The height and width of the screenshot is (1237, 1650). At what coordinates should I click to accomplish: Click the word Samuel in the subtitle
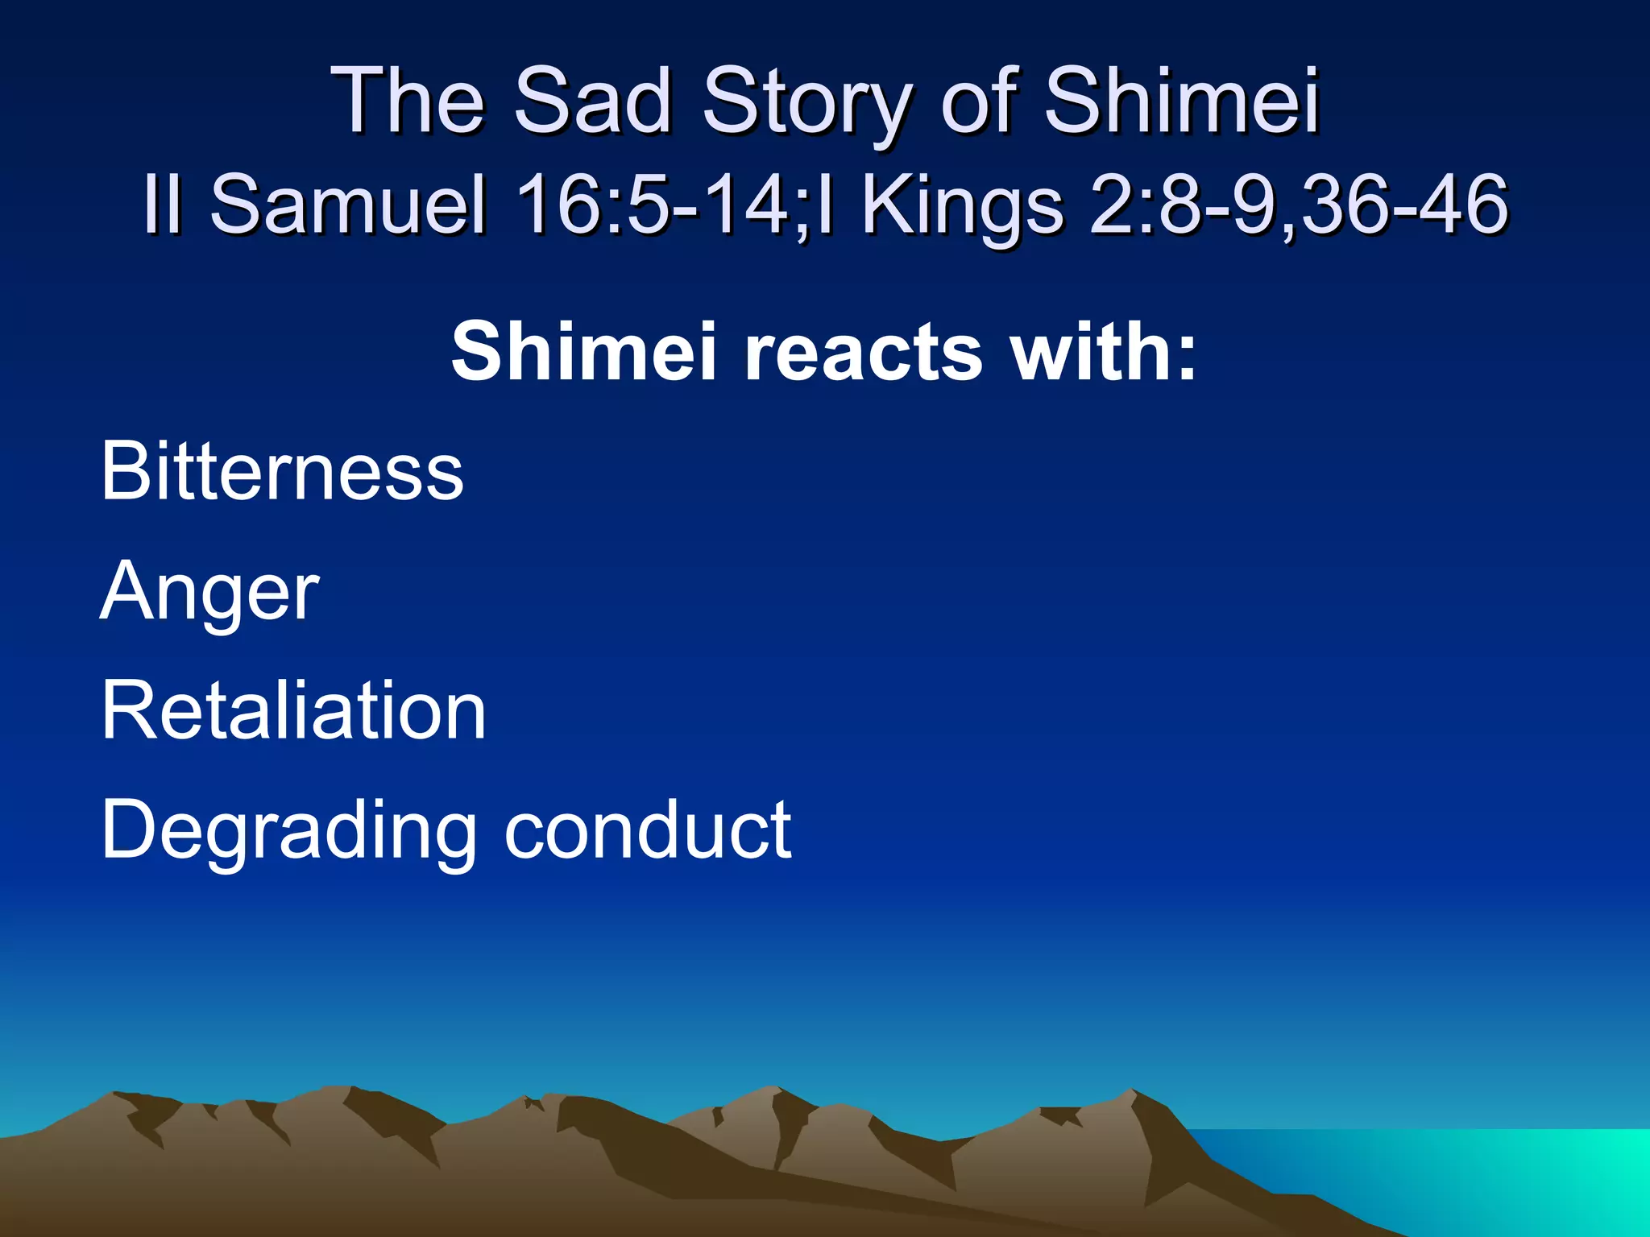pyautogui.click(x=348, y=205)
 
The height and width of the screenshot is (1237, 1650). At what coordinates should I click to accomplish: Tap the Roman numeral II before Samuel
pyautogui.click(x=161, y=205)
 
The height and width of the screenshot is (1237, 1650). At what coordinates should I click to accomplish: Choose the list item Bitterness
pyautogui.click(x=282, y=471)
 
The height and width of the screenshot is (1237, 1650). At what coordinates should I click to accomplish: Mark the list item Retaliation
pyautogui.click(x=293, y=710)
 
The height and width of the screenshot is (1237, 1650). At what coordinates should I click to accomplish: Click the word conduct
pyautogui.click(x=648, y=829)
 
